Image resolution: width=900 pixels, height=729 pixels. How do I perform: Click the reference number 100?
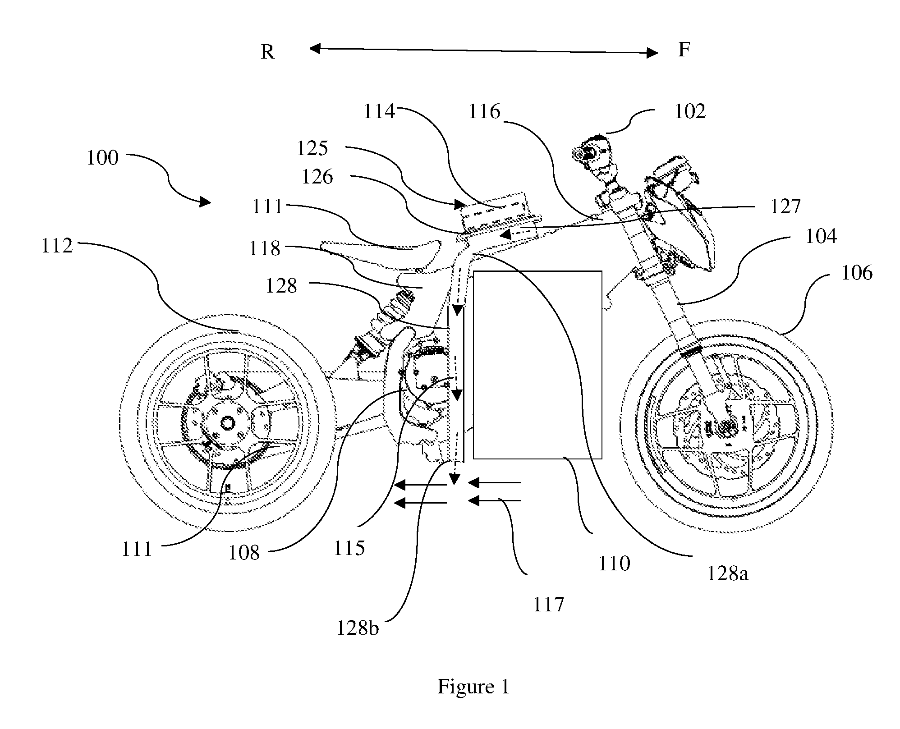(102, 158)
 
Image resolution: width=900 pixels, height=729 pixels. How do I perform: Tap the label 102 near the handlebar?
(690, 111)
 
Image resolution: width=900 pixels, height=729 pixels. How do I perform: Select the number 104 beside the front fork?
(821, 236)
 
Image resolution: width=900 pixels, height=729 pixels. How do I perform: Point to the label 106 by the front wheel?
(857, 273)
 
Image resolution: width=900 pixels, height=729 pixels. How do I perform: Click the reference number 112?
(57, 246)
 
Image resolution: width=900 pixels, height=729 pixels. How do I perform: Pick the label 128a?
(728, 573)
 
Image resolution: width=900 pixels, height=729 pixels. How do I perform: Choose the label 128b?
(358, 628)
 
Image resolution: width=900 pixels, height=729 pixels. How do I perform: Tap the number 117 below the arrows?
(549, 605)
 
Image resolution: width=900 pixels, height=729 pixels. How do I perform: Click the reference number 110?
(614, 564)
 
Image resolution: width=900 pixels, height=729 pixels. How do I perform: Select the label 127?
(785, 207)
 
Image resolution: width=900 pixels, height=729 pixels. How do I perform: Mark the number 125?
(312, 148)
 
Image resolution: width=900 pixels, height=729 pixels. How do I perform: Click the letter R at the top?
(267, 53)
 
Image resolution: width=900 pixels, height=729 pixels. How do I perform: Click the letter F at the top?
(684, 50)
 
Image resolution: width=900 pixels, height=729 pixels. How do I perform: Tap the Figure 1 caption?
(473, 687)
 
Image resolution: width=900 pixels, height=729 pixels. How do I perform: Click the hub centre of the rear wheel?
(227, 423)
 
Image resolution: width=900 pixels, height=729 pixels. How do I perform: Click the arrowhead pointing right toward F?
(652, 53)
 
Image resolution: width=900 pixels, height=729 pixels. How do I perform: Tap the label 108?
(244, 553)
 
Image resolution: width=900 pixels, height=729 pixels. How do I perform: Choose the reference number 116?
(484, 111)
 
